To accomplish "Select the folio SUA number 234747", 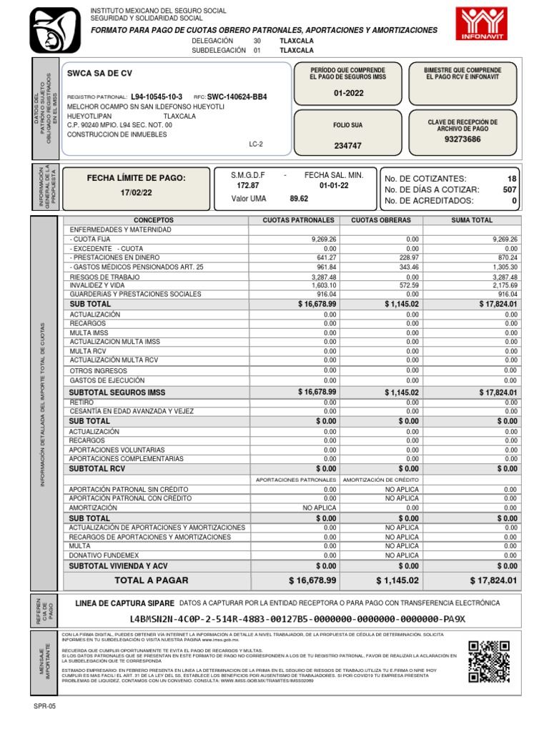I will click(x=347, y=146).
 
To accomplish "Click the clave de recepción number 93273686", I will click(x=463, y=139).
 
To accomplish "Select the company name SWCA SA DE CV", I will click(x=99, y=74).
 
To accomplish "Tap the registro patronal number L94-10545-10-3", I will click(x=157, y=97).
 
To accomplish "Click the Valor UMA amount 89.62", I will click(x=298, y=199).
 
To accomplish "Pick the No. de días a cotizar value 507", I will click(x=509, y=189).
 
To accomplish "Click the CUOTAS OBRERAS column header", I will click(x=381, y=220).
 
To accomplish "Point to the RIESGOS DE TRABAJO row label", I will click(x=103, y=276).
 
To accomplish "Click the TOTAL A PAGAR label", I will click(x=152, y=580).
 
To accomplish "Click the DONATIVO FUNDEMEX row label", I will click(x=104, y=555).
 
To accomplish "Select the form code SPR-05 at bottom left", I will click(x=44, y=706).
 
